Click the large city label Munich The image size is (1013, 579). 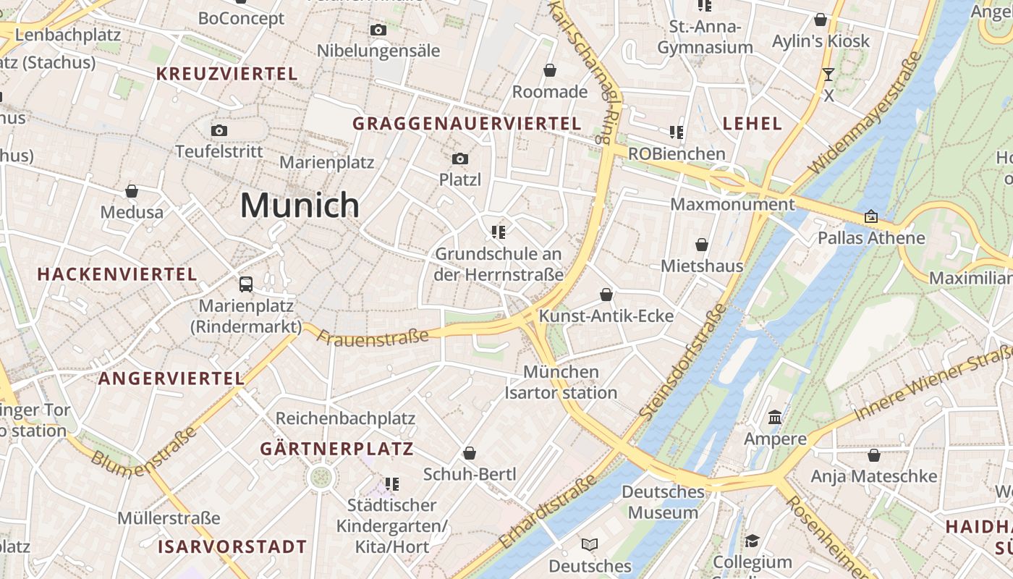point(300,206)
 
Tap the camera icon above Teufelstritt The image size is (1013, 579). point(219,131)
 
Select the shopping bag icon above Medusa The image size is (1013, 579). point(132,191)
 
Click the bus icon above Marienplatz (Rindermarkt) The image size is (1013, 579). point(246,284)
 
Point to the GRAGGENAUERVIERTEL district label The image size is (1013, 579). point(467,124)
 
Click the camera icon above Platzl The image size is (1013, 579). point(460,159)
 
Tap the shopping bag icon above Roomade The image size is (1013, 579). point(550,70)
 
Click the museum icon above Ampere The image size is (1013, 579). point(775,418)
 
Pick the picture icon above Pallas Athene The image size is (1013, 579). point(871,216)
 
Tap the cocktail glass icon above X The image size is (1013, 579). point(828,74)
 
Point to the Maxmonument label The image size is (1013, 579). point(732,204)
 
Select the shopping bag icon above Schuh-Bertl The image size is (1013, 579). point(470,453)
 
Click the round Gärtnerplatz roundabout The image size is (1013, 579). point(321,477)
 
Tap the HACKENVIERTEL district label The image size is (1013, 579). point(117,274)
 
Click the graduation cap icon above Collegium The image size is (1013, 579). point(752,541)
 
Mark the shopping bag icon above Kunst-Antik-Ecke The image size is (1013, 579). point(606,295)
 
